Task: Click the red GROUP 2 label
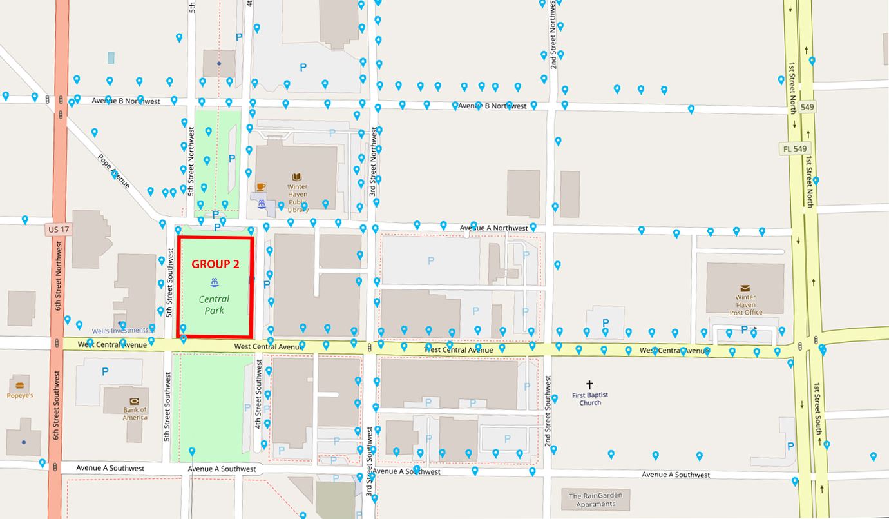(215, 264)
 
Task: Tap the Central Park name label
(214, 305)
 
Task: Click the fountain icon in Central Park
(213, 282)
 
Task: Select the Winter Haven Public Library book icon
(297, 177)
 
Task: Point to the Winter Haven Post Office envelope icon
(745, 288)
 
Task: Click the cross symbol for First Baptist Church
(589, 385)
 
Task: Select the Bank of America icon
(134, 400)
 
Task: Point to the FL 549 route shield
(795, 149)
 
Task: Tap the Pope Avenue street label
(113, 171)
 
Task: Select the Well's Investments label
(120, 331)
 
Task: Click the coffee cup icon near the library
(260, 187)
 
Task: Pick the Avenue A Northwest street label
(493, 228)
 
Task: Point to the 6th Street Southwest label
(58, 405)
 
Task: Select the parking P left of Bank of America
(105, 371)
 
